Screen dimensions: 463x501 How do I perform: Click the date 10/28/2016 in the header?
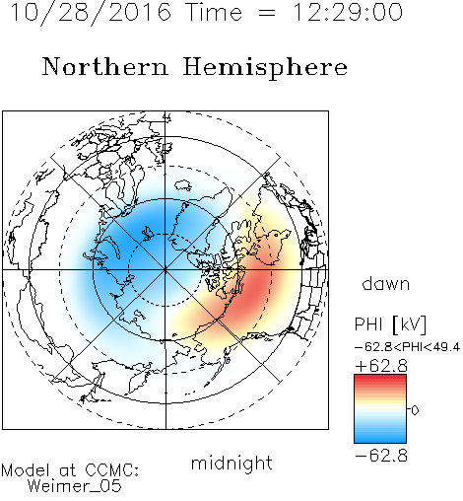(x=91, y=13)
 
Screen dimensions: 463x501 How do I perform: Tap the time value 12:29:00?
(x=348, y=13)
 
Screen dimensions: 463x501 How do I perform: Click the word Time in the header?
(x=214, y=13)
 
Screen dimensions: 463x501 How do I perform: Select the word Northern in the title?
(x=104, y=66)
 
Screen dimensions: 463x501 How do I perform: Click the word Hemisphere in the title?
(x=265, y=67)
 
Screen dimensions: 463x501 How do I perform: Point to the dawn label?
(x=385, y=283)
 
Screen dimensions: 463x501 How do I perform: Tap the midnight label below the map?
(x=231, y=463)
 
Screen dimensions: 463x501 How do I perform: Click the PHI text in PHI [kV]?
(x=368, y=324)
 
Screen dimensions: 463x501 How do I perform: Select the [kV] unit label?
(x=409, y=324)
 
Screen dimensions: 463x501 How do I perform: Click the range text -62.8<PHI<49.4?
(x=407, y=347)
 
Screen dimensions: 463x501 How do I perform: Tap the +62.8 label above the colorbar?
(x=381, y=366)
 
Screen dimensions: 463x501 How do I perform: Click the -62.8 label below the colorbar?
(x=381, y=456)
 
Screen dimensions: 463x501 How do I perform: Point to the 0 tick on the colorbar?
(x=415, y=410)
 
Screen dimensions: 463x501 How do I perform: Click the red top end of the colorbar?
(x=380, y=377)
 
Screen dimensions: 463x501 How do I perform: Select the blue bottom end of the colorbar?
(x=380, y=440)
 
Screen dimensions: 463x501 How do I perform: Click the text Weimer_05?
(x=75, y=486)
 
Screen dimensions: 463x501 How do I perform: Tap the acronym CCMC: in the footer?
(x=112, y=470)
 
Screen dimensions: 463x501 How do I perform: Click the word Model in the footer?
(x=26, y=470)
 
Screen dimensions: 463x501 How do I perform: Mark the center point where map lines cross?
(x=165, y=269)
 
